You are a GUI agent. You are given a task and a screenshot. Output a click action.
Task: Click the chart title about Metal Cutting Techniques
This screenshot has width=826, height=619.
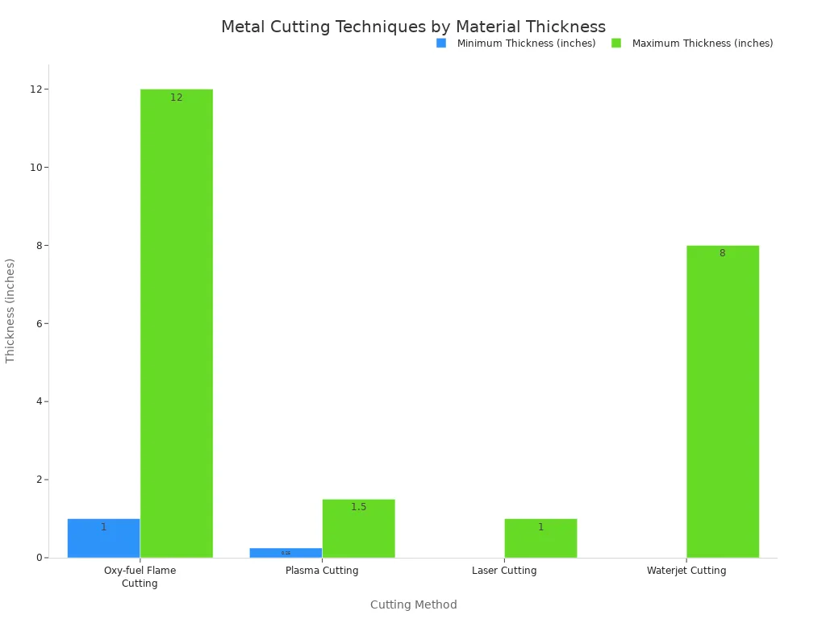(413, 27)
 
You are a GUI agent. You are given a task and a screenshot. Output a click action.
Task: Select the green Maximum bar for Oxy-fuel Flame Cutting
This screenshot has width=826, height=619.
(176, 322)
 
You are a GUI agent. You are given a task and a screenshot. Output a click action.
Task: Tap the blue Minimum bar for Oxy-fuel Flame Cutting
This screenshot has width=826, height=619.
(103, 538)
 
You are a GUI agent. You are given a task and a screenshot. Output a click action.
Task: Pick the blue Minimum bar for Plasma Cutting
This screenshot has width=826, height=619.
(286, 553)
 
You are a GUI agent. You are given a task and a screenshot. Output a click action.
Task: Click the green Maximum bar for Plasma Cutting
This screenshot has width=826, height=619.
(358, 529)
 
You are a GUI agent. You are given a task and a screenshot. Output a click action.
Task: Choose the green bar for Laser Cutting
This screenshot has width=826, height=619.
(540, 538)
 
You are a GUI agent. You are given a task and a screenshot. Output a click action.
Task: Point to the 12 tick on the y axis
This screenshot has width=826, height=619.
(36, 89)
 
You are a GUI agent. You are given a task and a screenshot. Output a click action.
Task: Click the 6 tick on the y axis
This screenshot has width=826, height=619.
(39, 324)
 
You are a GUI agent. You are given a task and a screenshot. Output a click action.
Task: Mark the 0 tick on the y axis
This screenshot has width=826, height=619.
(39, 558)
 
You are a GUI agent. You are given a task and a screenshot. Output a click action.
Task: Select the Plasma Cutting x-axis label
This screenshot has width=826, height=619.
(322, 571)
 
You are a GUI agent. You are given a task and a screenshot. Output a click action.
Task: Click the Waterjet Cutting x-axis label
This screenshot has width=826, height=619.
(686, 571)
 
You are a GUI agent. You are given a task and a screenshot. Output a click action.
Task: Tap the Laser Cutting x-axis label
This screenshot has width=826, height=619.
(504, 571)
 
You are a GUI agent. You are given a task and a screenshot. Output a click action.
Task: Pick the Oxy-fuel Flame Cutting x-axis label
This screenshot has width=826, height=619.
(140, 577)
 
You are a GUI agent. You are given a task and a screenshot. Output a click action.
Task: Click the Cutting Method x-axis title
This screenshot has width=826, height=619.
(413, 604)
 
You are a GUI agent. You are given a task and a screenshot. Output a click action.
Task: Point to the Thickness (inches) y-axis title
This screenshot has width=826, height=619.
(10, 310)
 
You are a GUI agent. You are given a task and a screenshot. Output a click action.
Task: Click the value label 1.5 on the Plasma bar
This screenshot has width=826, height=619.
(358, 507)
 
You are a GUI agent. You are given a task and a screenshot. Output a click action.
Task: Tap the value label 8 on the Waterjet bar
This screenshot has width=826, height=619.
(722, 253)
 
